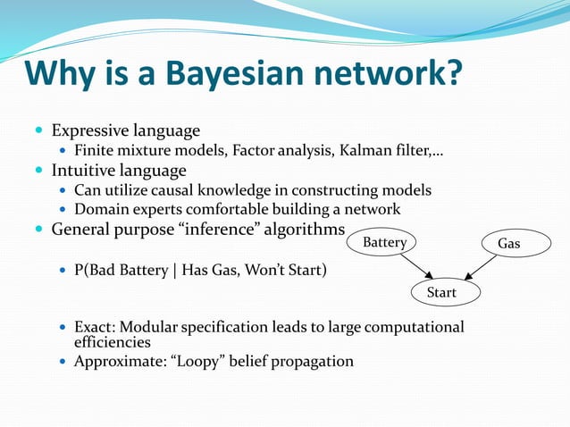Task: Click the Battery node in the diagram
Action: (x=385, y=243)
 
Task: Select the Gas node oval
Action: (x=507, y=243)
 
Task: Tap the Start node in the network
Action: (x=442, y=293)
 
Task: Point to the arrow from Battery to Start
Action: (x=417, y=266)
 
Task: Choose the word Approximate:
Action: (x=115, y=362)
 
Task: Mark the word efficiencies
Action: (x=112, y=342)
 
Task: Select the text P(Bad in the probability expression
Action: (x=94, y=268)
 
